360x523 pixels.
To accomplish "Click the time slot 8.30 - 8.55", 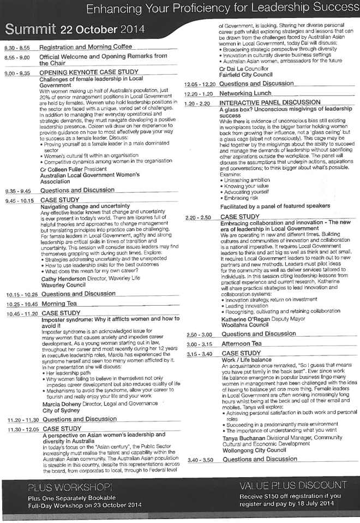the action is (x=17, y=48).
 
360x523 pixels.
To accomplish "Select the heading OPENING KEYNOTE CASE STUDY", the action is (x=89, y=72).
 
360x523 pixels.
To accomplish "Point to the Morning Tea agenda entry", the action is (x=59, y=304).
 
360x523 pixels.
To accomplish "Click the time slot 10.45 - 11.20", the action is (x=22, y=314).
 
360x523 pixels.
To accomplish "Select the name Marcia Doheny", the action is (x=62, y=404).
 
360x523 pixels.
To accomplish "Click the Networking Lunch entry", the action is (x=245, y=93).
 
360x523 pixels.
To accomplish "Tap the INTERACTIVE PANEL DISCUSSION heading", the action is (x=269, y=103).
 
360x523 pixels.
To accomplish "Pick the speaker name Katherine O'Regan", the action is (x=245, y=319).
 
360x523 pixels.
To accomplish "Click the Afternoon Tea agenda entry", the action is (x=242, y=343).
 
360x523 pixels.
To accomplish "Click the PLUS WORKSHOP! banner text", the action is (x=70, y=488).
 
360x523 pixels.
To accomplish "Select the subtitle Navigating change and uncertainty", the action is (x=85, y=206).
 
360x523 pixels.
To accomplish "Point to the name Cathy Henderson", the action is (x=63, y=279).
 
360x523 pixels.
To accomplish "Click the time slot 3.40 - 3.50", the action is (x=200, y=460).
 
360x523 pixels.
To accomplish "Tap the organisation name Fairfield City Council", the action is (x=245, y=75).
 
